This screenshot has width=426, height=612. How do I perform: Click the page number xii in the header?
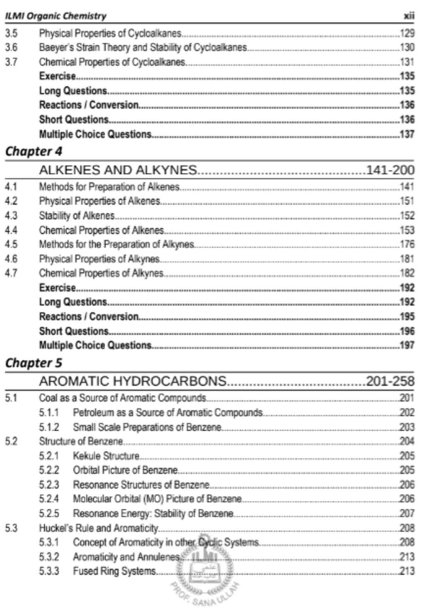click(x=409, y=16)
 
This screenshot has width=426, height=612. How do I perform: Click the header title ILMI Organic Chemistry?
click(x=56, y=16)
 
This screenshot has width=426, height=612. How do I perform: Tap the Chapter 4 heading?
click(x=34, y=152)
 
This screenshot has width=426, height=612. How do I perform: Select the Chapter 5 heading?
click(x=34, y=363)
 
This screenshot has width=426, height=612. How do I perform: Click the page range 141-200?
click(x=390, y=170)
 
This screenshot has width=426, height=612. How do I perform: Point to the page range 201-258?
click(x=390, y=381)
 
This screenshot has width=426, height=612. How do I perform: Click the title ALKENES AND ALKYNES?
click(x=118, y=170)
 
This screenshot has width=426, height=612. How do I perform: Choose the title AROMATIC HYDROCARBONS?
click(x=132, y=381)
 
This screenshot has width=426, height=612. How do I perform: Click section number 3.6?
click(x=11, y=48)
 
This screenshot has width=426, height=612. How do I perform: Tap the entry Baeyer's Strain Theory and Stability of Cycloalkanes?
click(x=143, y=48)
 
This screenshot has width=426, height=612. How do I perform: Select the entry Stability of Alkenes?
click(x=77, y=216)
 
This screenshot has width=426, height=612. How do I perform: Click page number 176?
click(x=407, y=245)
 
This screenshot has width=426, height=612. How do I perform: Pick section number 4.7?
click(x=11, y=273)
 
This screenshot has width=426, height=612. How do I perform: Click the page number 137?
click(x=407, y=134)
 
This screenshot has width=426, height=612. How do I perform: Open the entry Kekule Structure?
click(x=106, y=456)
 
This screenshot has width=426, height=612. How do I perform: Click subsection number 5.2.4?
click(x=49, y=499)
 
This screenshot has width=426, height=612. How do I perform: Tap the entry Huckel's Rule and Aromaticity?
click(x=98, y=528)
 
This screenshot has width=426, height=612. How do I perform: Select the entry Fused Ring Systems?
click(x=114, y=571)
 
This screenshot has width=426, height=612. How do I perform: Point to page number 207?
click(x=407, y=514)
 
